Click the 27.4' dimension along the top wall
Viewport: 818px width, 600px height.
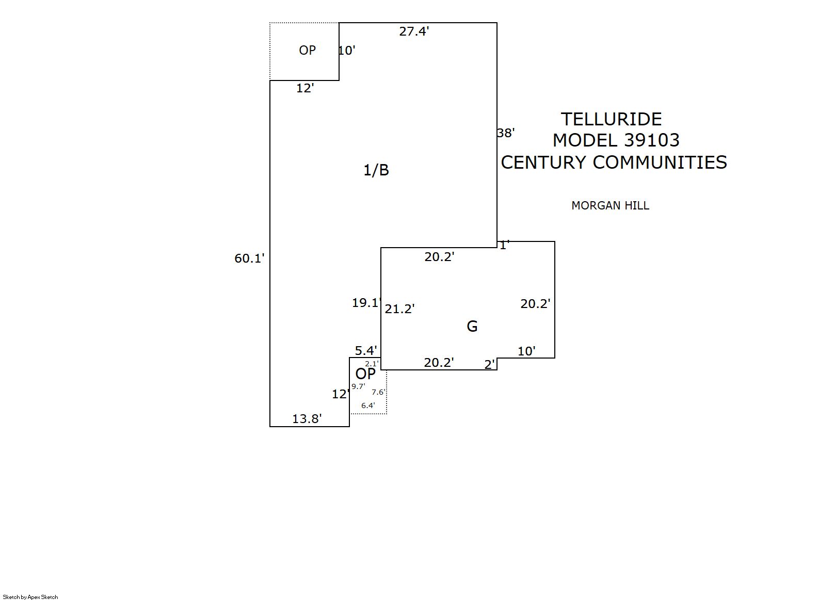point(414,31)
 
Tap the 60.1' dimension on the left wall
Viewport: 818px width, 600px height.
point(249,258)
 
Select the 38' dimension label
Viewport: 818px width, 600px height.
point(506,133)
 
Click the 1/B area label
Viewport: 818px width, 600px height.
point(376,170)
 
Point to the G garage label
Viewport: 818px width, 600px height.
point(472,326)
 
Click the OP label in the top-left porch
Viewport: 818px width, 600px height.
point(307,50)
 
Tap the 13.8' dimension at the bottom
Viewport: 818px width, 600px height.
point(307,418)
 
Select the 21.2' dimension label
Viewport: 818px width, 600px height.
point(400,309)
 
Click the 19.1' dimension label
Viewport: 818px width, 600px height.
point(366,303)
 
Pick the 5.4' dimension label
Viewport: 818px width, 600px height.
point(366,351)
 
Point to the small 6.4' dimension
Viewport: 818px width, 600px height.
point(368,406)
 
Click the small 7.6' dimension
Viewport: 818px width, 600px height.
point(378,392)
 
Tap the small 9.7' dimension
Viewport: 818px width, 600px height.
point(358,386)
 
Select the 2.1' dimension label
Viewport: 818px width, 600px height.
point(372,364)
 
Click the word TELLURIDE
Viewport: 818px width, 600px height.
point(611,119)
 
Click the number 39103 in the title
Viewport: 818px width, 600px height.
point(651,140)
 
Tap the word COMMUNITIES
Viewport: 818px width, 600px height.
point(660,163)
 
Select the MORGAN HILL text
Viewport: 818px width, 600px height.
point(610,205)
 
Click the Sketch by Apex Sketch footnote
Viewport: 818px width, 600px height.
point(30,597)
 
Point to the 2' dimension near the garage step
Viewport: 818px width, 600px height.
point(490,365)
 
